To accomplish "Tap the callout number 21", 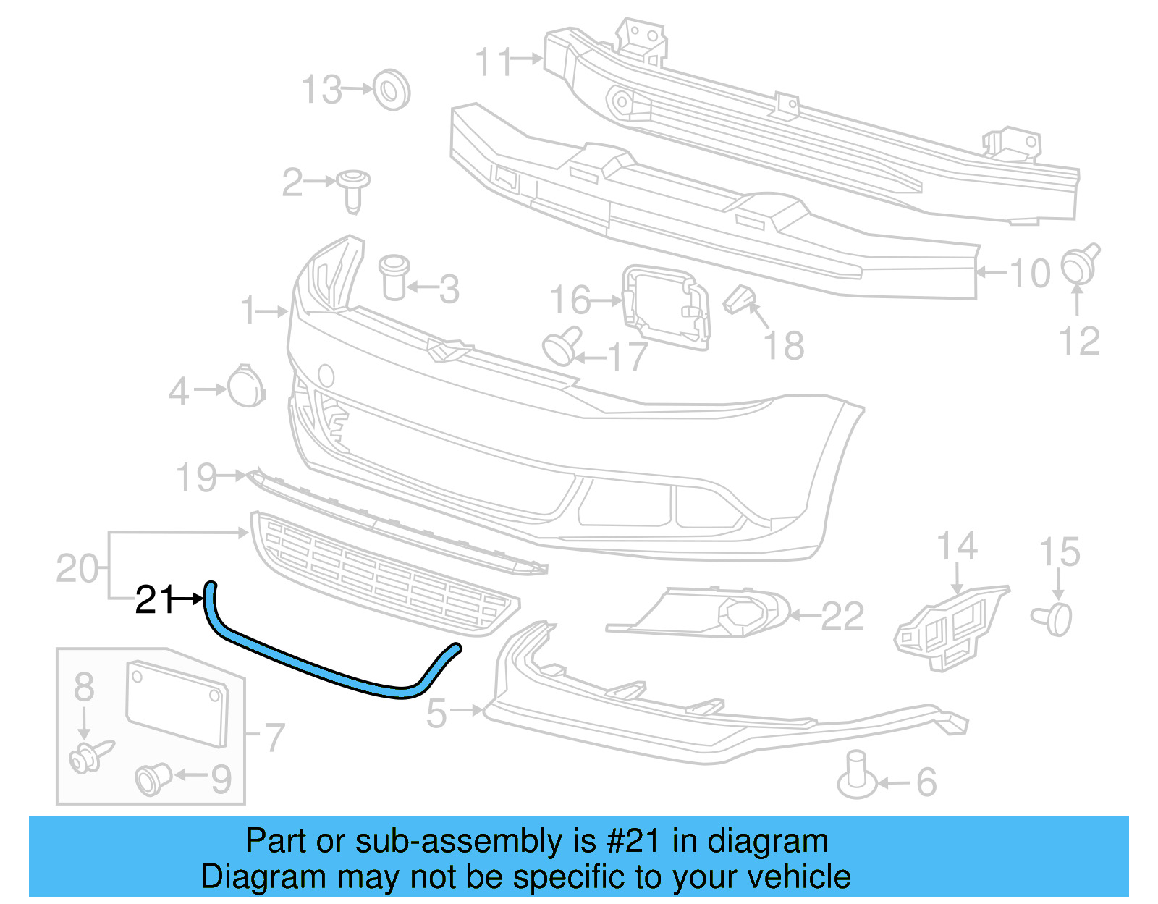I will (155, 600).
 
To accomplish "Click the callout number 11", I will (494, 62).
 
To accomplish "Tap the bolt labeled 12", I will (1079, 265).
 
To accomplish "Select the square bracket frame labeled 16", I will (666, 306).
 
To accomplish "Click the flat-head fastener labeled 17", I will (561, 346).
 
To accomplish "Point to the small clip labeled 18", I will (738, 300).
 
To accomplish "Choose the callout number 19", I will (196, 478).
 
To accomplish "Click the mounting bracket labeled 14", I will (948, 626).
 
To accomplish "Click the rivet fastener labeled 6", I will (856, 777).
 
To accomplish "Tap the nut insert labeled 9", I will (153, 779).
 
